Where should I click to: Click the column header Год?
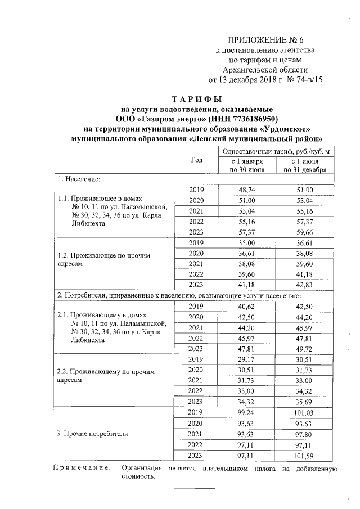[x=196, y=160]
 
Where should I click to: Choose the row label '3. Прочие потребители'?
[x=93, y=434]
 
